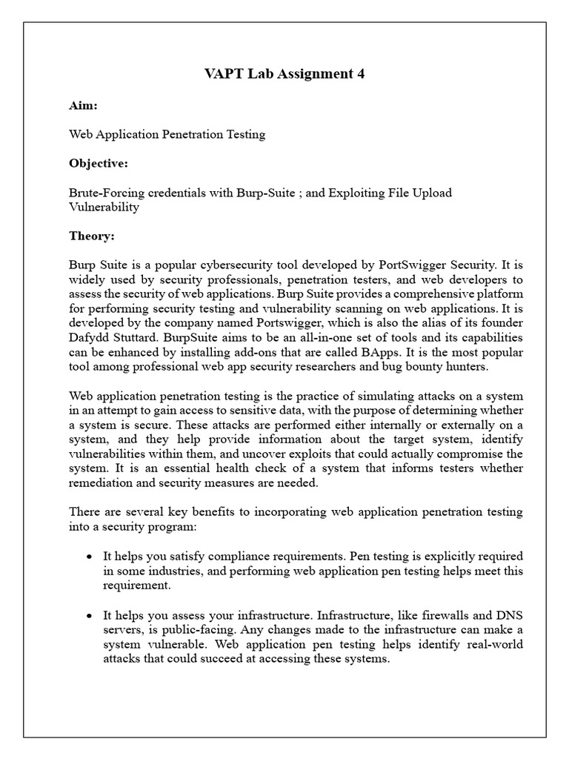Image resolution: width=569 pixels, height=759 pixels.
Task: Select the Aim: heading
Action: [82, 106]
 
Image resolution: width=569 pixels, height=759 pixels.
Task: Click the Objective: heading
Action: [99, 163]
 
